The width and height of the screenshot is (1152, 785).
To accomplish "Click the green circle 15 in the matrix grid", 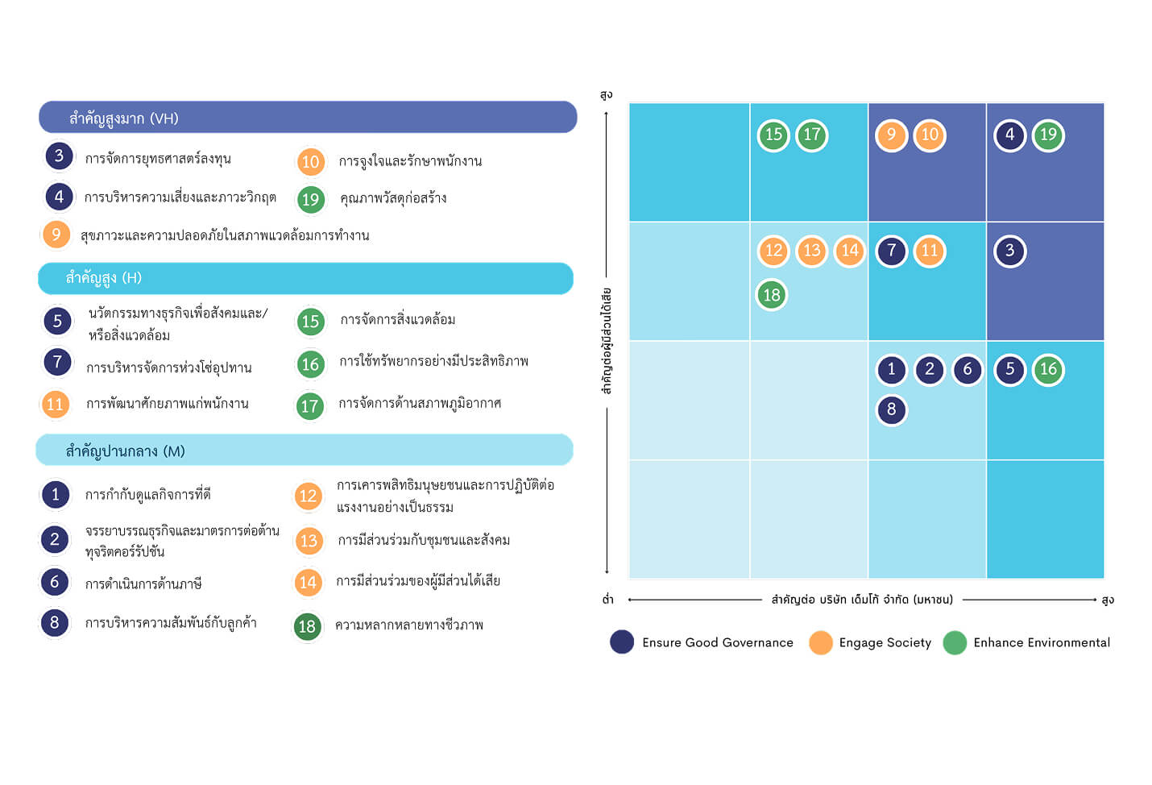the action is [x=773, y=135].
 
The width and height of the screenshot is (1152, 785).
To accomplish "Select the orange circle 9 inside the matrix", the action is [x=891, y=135].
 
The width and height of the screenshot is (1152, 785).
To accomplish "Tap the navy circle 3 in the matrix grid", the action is [x=1009, y=251].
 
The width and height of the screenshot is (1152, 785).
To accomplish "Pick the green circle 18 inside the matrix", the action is [x=772, y=295].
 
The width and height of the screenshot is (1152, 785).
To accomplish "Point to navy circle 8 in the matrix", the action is [x=891, y=410].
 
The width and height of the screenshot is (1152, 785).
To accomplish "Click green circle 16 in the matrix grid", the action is [x=1048, y=369].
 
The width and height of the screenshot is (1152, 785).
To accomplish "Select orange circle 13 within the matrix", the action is [x=811, y=251].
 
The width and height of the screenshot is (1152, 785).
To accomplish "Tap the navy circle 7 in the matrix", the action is [x=891, y=251].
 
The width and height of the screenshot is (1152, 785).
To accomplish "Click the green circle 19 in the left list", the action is [x=311, y=199].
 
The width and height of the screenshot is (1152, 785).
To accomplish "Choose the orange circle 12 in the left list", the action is [x=308, y=496].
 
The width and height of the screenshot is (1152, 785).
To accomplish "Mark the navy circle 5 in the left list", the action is [x=58, y=321].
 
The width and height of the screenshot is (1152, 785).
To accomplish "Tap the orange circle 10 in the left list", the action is [x=311, y=161].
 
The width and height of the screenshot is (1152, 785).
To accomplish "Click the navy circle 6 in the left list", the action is [x=55, y=583].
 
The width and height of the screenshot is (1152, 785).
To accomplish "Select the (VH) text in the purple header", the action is [x=164, y=118].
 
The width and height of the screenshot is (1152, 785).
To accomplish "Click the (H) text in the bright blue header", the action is [x=131, y=278].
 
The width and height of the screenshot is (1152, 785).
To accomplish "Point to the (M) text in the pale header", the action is [x=174, y=451].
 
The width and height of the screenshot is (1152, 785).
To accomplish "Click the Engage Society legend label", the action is [x=885, y=642].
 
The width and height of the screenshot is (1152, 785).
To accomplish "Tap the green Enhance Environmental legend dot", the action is [x=955, y=642].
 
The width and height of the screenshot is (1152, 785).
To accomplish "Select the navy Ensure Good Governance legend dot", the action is [x=622, y=642].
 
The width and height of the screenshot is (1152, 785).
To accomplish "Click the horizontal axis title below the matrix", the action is [x=862, y=600].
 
